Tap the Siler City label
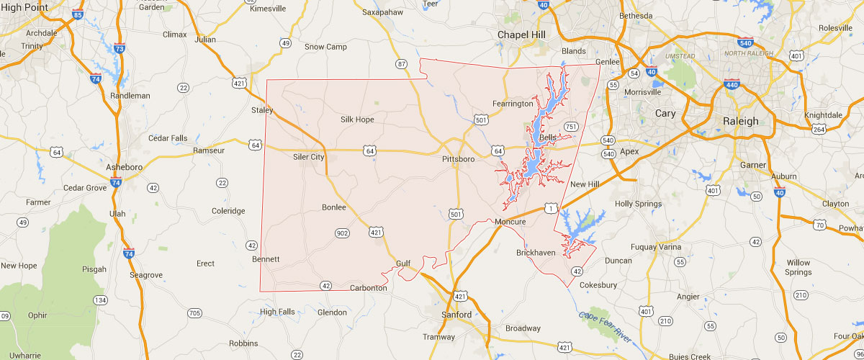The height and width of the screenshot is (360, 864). pyautogui.click(x=309, y=157)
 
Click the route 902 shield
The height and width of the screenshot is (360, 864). pyautogui.click(x=341, y=233)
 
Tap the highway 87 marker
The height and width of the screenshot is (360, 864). pyautogui.click(x=402, y=65)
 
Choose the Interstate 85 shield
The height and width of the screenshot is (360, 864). pyautogui.click(x=78, y=14)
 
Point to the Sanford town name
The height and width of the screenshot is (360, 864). pyautogui.click(x=456, y=315)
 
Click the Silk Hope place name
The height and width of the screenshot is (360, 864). pyautogui.click(x=357, y=120)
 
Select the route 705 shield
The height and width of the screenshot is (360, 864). pyautogui.click(x=194, y=312)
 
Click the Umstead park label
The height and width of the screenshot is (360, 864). pyautogui.click(x=680, y=55)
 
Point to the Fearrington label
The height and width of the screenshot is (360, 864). pyautogui.click(x=513, y=104)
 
